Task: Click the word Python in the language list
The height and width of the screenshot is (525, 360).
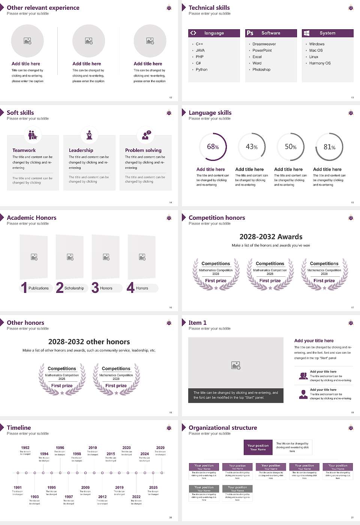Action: (201, 70)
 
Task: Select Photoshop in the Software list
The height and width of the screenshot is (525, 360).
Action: (261, 70)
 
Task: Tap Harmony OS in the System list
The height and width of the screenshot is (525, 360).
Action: (320, 63)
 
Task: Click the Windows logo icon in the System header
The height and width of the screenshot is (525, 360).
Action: (306, 33)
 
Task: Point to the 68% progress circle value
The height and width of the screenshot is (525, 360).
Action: (213, 147)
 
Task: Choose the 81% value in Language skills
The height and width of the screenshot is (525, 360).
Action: (329, 147)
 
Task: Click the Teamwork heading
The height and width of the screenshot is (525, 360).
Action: (24, 150)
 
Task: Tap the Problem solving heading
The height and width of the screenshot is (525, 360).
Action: (143, 150)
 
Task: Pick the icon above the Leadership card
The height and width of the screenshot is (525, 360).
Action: (89, 135)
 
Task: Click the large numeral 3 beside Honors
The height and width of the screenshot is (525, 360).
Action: (95, 288)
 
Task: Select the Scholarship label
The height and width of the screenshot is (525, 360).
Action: (74, 288)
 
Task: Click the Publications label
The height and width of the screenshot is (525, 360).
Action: (39, 288)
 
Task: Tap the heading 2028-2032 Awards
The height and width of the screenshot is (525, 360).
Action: (271, 237)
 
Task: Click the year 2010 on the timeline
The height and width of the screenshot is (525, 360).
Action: (93, 448)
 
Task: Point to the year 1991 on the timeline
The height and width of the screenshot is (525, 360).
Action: (18, 487)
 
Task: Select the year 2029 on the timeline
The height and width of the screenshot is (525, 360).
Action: (160, 448)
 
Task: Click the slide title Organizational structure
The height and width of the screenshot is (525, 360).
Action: (223, 428)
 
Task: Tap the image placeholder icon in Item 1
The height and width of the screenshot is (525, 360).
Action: (236, 365)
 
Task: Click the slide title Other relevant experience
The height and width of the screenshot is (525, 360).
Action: (43, 8)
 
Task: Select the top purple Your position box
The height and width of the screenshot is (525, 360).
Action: (258, 447)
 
